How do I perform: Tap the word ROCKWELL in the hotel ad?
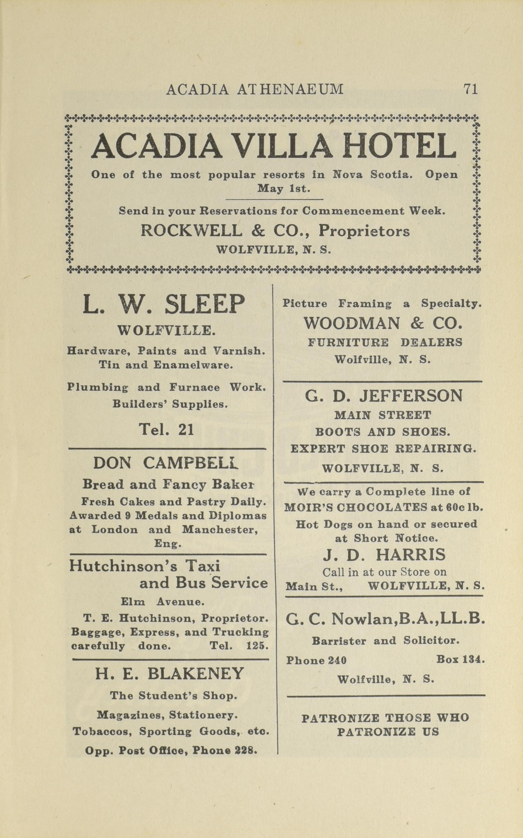[191, 231]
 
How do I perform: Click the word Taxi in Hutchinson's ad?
[204, 566]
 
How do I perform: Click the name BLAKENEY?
[196, 674]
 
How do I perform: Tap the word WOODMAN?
[352, 323]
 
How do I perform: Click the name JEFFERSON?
[411, 396]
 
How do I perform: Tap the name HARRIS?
[411, 555]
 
